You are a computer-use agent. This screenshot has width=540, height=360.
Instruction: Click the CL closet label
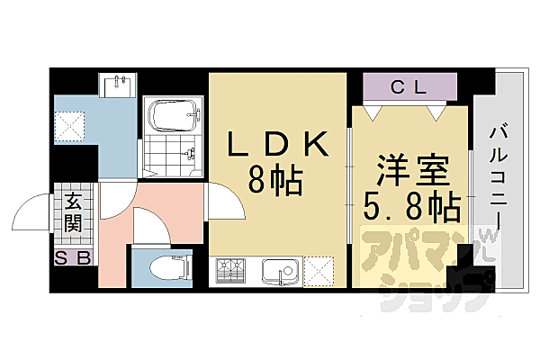409,87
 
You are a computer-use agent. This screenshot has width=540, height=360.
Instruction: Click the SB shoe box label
72,259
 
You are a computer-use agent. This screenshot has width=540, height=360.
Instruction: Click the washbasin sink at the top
119,86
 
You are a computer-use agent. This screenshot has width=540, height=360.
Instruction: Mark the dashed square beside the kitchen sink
320,270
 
